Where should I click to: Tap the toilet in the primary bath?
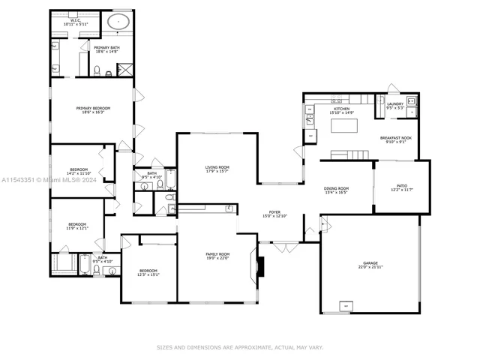click(97, 71)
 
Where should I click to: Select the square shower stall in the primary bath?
click(125, 70)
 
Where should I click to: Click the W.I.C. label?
click(75, 22)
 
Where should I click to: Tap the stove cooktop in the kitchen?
click(308, 114)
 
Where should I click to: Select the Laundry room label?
click(395, 104)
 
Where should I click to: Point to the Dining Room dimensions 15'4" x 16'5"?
click(336, 193)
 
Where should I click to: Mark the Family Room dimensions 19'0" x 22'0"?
click(217, 259)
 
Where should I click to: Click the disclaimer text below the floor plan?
click(240, 347)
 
